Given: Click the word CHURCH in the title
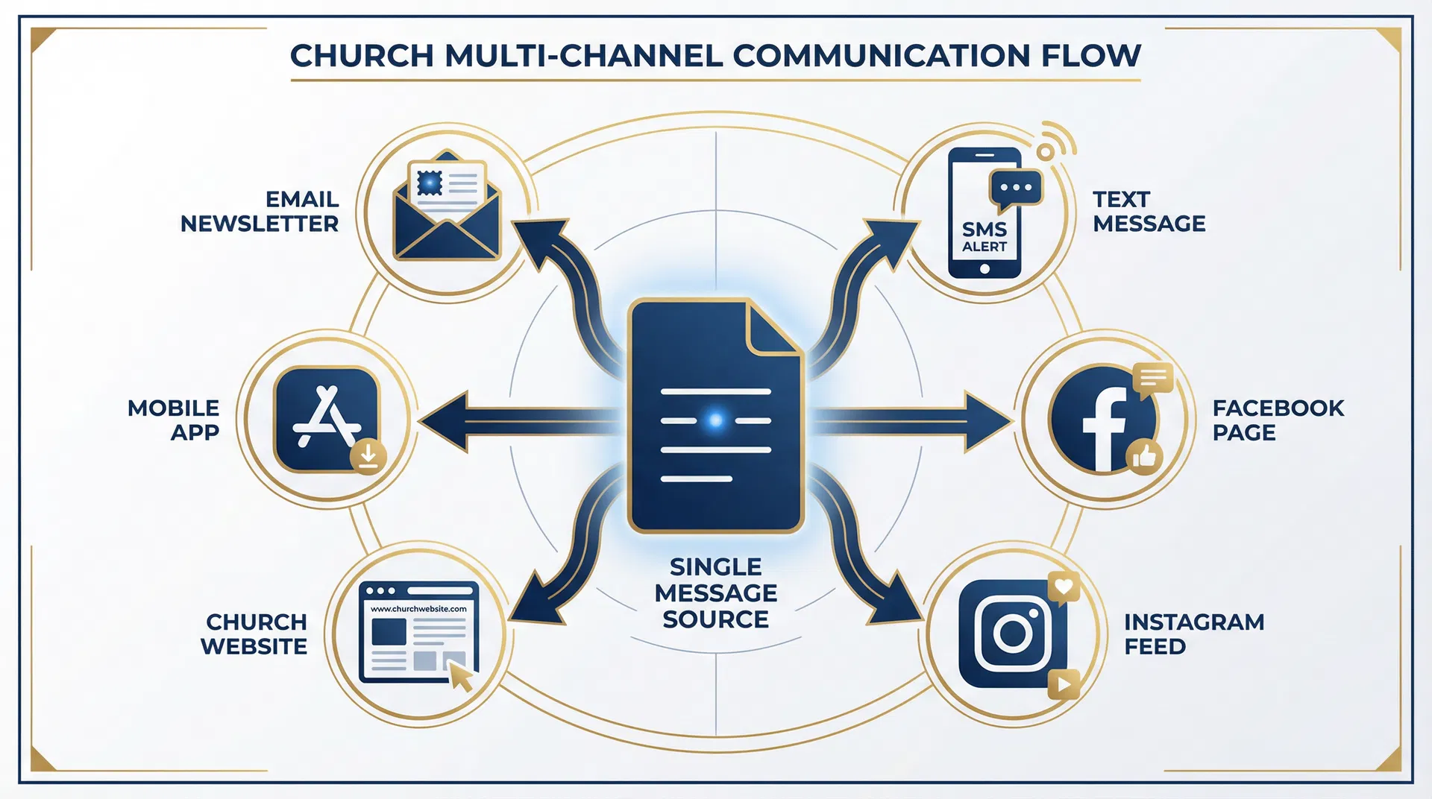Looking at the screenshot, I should pos(362,56).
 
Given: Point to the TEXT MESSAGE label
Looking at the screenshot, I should pos(1149,212).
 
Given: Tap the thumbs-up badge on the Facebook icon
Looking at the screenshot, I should pos(1144,455).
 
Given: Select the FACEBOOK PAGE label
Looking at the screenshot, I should pos(1277,420).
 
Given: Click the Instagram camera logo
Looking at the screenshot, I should pos(1013,634).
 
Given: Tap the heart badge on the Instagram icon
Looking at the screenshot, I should pos(1064,587).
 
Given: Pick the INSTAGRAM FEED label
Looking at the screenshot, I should pos(1193,634).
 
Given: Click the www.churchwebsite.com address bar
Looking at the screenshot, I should pos(418,609).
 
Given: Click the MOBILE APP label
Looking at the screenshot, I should pos(174,420).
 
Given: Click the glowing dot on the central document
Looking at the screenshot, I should pos(715,420).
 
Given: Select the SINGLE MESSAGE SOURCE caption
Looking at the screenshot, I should pos(715,593).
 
